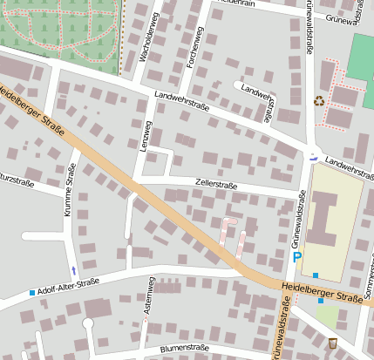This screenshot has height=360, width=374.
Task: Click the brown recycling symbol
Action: click(x=319, y=101)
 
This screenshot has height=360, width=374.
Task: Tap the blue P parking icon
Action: click(x=297, y=257)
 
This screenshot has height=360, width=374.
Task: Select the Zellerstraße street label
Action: click(x=216, y=185)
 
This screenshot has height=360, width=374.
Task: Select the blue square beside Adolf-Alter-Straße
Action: click(x=32, y=292)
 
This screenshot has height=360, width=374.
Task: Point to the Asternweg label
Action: click(x=149, y=296)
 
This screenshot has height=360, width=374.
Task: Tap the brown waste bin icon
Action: click(x=332, y=343)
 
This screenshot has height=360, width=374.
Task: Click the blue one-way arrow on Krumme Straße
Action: click(x=73, y=269)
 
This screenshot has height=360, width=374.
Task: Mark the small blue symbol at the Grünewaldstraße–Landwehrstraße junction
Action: click(x=314, y=157)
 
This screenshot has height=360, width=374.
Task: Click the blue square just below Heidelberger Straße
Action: click(x=320, y=301)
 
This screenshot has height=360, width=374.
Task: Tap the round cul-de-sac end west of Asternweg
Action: click(x=87, y=324)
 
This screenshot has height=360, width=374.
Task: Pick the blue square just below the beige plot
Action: click(x=315, y=276)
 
